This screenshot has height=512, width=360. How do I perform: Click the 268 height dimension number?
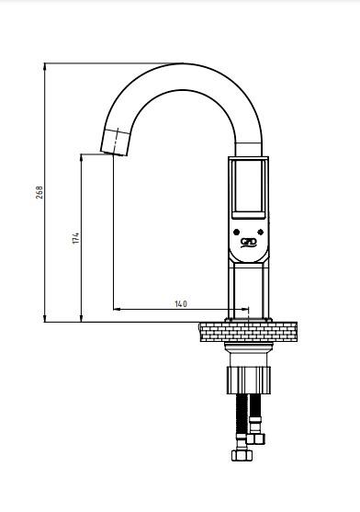click(39, 193)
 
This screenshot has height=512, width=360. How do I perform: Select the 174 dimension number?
click(76, 238)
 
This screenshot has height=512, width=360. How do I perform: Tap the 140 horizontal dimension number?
click(181, 304)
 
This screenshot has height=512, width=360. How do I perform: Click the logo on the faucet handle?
click(249, 243)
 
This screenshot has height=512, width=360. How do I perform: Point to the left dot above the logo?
click(236, 233)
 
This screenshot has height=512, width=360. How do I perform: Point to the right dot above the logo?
click(261, 233)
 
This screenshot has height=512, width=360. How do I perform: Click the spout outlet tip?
click(113, 154)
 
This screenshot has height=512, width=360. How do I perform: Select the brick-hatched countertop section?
click(249, 332)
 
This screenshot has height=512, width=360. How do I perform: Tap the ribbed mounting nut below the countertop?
click(249, 380)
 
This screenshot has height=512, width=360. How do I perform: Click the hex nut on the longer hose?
click(242, 455)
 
